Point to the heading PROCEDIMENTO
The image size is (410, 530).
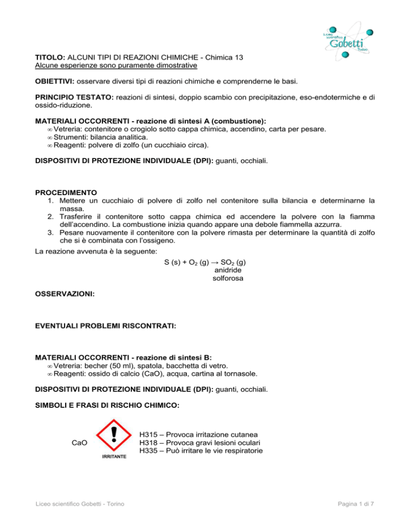click(x=67, y=191)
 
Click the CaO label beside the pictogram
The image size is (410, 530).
click(x=80, y=443)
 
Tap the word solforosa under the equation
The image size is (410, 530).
click(x=220, y=279)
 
